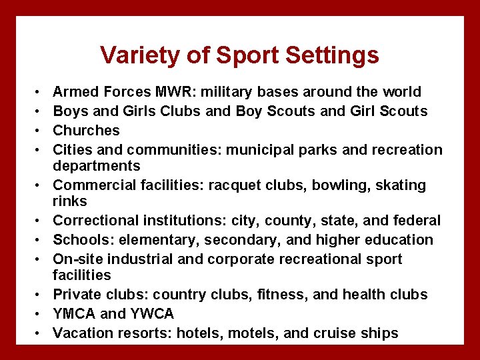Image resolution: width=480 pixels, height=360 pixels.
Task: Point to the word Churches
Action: coord(86,130)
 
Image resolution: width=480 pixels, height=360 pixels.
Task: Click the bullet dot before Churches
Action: coord(39,131)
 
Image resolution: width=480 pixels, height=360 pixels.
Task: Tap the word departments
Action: coord(97,165)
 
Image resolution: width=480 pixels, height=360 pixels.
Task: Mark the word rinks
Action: coord(70,201)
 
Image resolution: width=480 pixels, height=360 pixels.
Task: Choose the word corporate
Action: coord(239,259)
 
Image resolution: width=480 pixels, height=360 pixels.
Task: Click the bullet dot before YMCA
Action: coord(39,314)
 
